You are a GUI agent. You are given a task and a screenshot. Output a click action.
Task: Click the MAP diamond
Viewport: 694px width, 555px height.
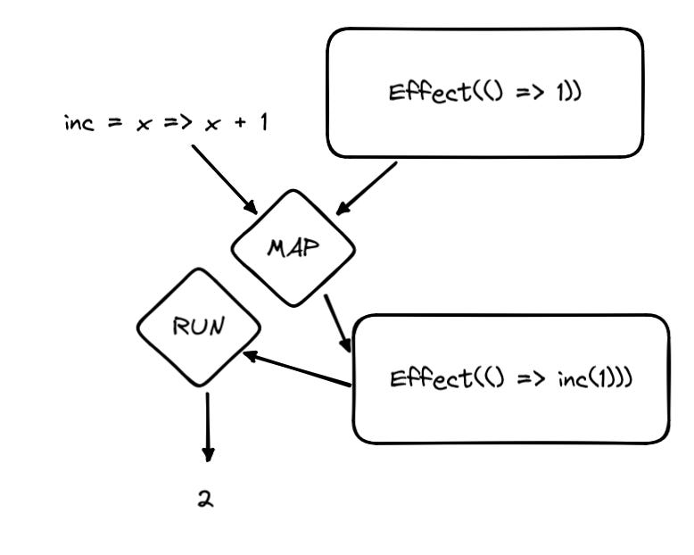[293, 247]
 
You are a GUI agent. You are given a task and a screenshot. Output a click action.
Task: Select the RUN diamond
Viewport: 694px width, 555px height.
[198, 327]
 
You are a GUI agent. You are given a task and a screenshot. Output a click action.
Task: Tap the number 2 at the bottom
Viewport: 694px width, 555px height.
[206, 499]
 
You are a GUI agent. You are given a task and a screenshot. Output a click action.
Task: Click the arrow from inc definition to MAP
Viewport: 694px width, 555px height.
[222, 178]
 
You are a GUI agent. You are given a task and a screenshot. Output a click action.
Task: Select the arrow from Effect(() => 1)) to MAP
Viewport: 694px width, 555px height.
[366, 189]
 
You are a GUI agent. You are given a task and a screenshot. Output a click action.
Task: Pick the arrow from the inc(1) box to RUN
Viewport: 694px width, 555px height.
[298, 369]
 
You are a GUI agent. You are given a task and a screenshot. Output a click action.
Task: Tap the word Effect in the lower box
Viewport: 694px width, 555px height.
[419, 378]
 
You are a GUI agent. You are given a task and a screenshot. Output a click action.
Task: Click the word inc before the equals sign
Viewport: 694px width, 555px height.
[78, 122]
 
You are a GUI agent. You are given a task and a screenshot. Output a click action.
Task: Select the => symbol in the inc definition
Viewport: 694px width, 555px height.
[173, 124]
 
